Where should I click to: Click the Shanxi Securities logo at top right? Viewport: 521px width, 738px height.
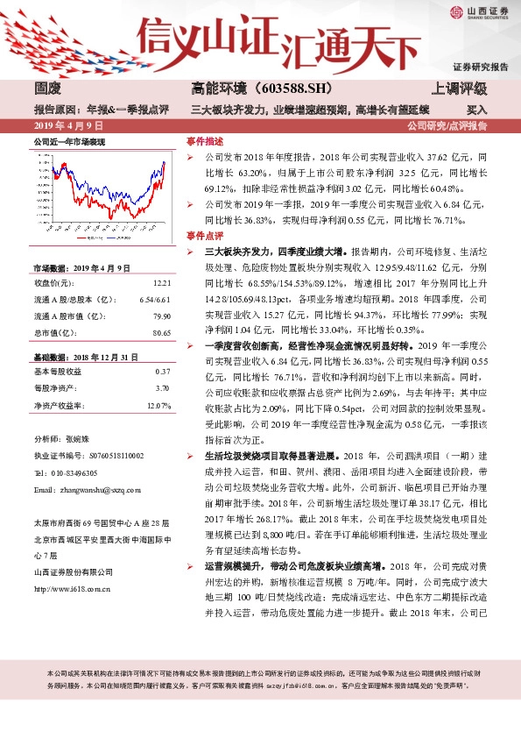tap(481, 12)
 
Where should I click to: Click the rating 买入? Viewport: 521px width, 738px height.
tap(477, 110)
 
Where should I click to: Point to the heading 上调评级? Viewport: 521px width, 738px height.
tap(460, 89)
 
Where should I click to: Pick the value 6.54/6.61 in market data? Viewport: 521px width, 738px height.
tap(155, 300)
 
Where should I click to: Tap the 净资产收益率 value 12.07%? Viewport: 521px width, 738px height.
tap(158, 406)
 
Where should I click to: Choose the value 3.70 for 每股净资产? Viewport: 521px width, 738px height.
tap(161, 389)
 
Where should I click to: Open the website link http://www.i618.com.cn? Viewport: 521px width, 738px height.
tap(73, 588)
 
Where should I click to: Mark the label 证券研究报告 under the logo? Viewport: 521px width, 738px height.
tap(481, 67)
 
